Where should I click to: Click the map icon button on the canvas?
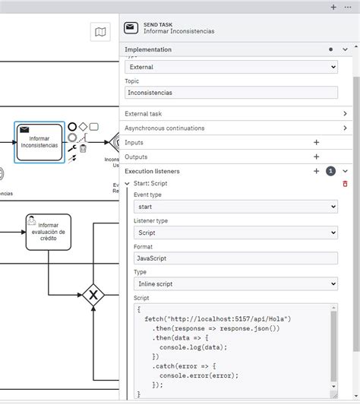pos(100,31)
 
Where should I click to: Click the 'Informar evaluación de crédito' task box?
pos(48,232)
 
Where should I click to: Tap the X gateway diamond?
pos(93,294)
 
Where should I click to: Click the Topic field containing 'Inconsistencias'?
pos(231,92)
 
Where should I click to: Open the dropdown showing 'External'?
pos(231,67)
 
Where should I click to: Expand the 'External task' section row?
pos(235,114)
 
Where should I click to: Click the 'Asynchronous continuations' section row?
pos(235,128)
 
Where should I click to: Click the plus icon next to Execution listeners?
pos(316,171)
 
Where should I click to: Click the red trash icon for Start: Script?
pos(345,183)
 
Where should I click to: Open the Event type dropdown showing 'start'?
pos(235,207)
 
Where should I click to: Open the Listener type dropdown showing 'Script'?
pos(235,233)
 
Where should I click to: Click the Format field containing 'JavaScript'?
pos(235,258)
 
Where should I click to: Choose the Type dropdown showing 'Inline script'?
pos(235,284)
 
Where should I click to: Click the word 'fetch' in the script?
pos(153,319)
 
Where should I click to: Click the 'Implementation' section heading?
pos(148,49)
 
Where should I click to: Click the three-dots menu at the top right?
pos(348,7)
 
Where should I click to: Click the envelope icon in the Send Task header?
pos(131,27)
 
